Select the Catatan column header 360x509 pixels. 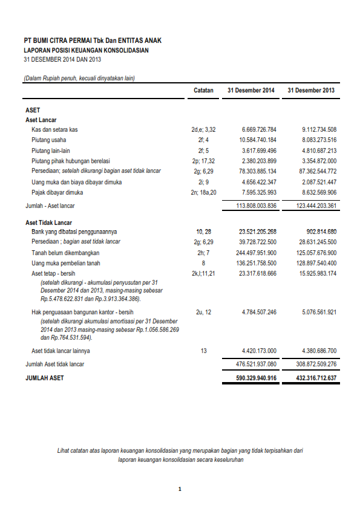[x=203, y=90]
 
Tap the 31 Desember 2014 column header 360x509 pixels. [x=250, y=90]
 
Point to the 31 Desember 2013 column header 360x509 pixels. [x=311, y=90]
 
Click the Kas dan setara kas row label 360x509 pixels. [x=54, y=129]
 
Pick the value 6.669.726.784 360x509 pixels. [x=259, y=129]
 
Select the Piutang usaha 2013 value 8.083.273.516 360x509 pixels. [x=319, y=140]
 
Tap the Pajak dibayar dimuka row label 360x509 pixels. [x=57, y=192]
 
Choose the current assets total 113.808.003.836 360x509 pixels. [x=255, y=206]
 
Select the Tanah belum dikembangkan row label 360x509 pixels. [x=65, y=253]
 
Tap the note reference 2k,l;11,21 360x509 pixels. [x=203, y=273]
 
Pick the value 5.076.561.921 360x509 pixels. [x=319, y=312]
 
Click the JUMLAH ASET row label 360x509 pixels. [x=44, y=378]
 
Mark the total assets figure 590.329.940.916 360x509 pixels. [x=255, y=378]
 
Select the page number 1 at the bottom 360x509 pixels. [x=180, y=489]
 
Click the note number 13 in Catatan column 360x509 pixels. [x=203, y=351]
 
